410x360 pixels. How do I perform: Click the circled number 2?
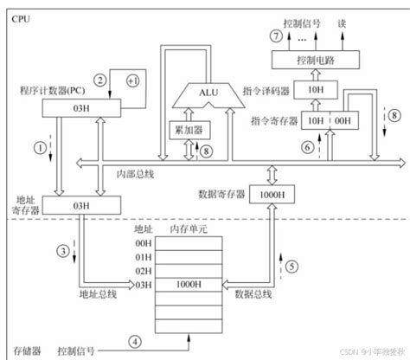(101, 80)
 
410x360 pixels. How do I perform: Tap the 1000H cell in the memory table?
(187, 283)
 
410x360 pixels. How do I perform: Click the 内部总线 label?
(134, 174)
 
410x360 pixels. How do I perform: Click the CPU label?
(18, 15)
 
